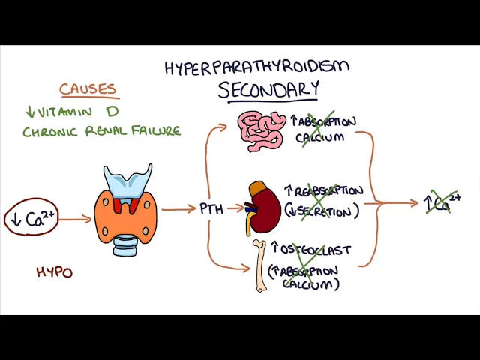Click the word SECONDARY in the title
(268, 90)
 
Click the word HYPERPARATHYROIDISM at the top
(256, 67)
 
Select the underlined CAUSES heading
(88, 89)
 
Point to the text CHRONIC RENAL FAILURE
(101, 131)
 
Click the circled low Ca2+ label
(31, 219)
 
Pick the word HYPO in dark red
(55, 272)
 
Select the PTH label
(211, 209)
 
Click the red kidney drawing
(265, 208)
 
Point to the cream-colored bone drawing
(259, 265)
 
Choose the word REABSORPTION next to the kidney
(328, 192)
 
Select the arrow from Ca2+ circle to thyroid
(75, 220)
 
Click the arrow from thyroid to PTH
(178, 209)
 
